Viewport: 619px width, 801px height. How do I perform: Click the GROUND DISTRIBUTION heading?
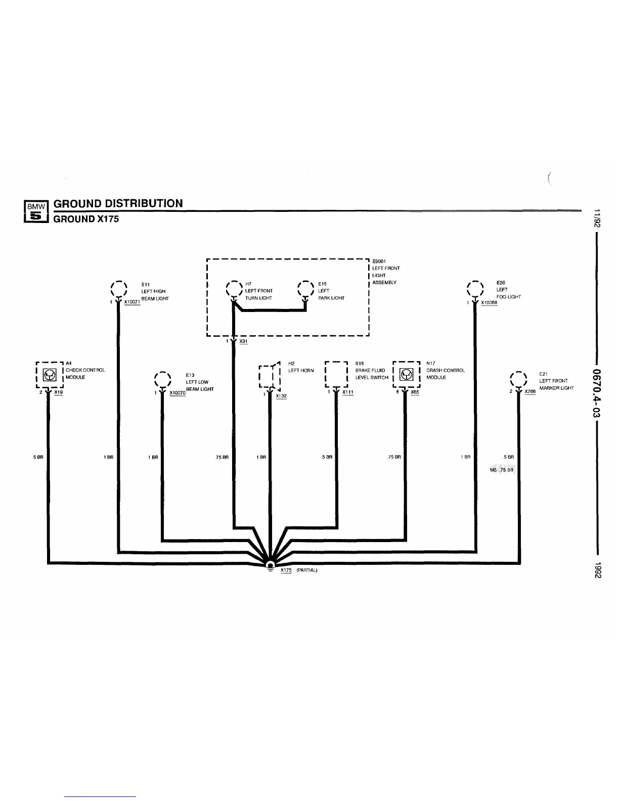tap(118, 203)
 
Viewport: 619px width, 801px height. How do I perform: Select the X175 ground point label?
tap(286, 570)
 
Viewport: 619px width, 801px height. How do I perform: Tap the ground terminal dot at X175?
tap(271, 565)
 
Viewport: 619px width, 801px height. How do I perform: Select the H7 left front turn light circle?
tap(234, 290)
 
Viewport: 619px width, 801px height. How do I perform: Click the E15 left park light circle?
tap(306, 290)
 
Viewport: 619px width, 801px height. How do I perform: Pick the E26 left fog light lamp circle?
tap(475, 290)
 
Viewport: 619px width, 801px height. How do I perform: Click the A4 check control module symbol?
tap(50, 375)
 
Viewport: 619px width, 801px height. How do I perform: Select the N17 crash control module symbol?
tap(407, 375)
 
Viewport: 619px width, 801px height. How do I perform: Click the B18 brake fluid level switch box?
tap(336, 375)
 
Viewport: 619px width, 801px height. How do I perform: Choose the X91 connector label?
tap(243, 341)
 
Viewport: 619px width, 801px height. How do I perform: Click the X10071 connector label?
tap(131, 302)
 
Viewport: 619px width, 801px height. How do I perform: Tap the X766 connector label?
tap(530, 391)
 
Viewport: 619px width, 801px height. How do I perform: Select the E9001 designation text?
tap(379, 261)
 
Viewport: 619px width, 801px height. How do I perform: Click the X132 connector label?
tap(281, 396)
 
